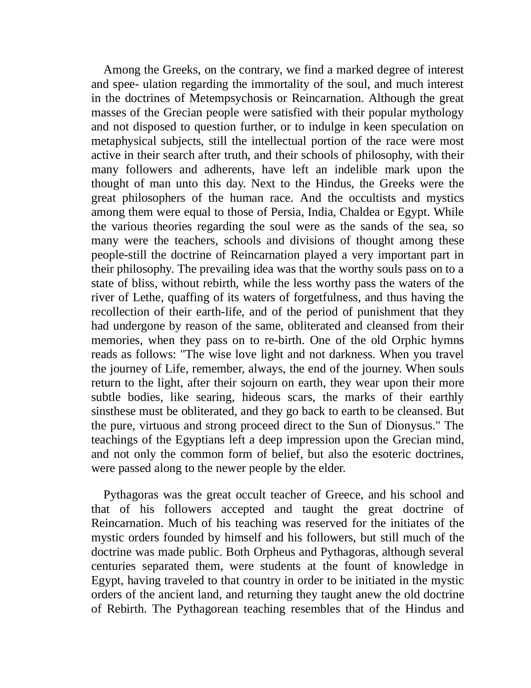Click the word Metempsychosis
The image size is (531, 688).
pyautogui.click(x=231, y=99)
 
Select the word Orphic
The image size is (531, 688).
pyautogui.click(x=409, y=341)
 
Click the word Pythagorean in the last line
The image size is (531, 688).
pyautogui.click(x=207, y=609)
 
